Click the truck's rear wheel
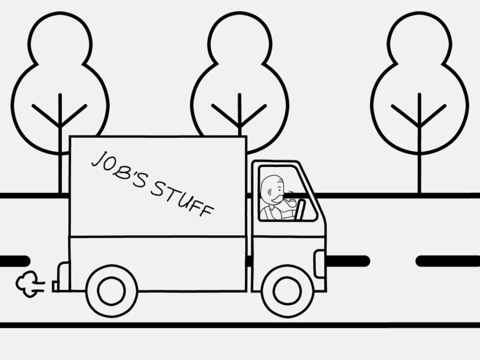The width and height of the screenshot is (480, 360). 111,291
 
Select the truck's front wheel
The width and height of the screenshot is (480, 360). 287,291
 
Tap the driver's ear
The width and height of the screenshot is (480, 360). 270,192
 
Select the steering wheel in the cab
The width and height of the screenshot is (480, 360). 300,209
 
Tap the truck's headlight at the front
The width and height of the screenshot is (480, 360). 320,264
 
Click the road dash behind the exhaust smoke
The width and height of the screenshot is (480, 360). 15,261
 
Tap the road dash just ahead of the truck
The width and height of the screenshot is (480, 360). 348,261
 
